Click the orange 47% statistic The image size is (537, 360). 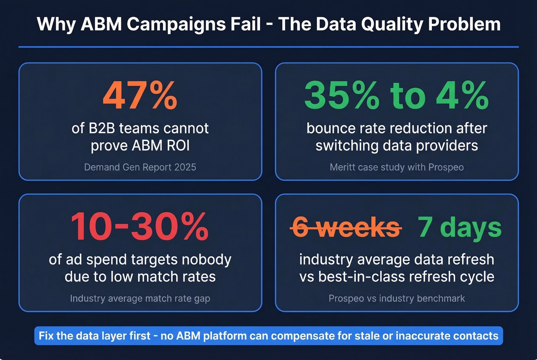click(140, 95)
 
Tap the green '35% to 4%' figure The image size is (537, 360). click(396, 95)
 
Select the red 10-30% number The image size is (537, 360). click(140, 227)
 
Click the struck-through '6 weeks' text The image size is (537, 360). click(346, 227)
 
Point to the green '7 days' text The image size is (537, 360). click(460, 227)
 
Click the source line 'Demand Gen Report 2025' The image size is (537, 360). click(140, 167)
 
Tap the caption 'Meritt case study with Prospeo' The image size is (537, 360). click(397, 167)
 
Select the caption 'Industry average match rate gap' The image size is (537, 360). click(140, 298)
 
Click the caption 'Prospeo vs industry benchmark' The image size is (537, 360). click(397, 298)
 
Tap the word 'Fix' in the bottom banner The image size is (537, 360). click(46, 336)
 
